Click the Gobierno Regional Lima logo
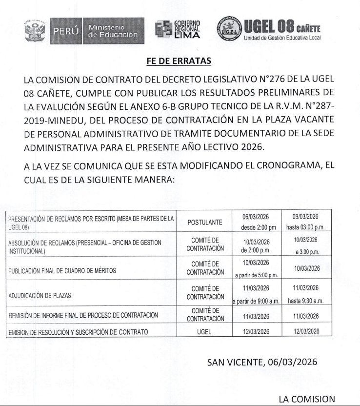[x=179, y=30]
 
